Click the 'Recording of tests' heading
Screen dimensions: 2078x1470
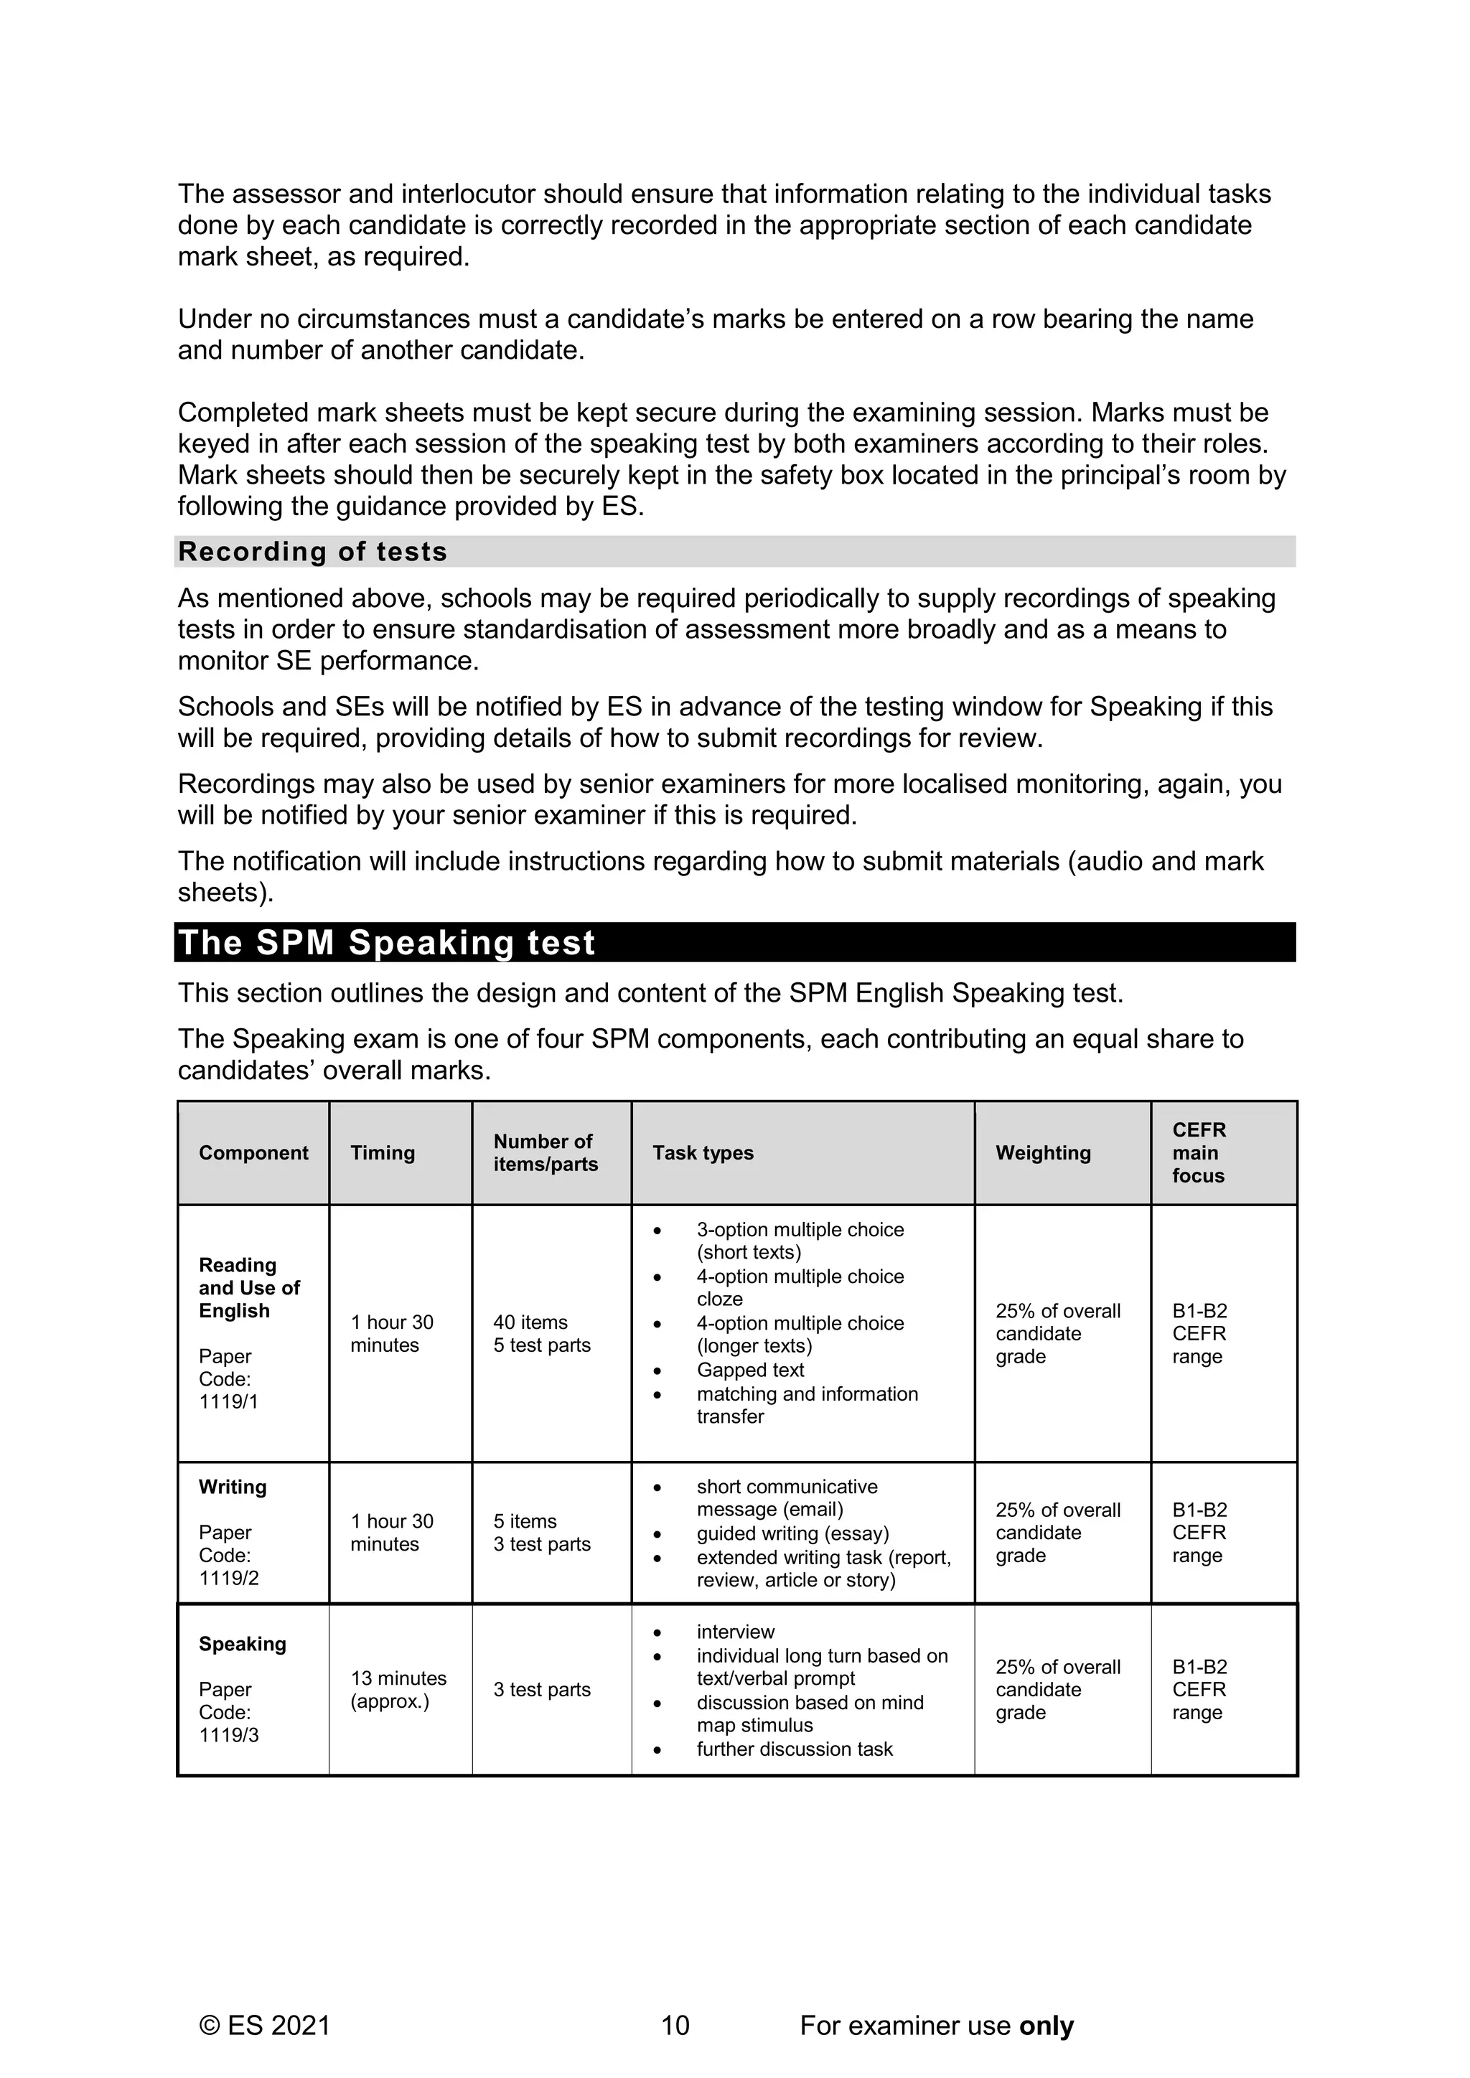pyautogui.click(x=312, y=551)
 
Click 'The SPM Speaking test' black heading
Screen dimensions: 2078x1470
pyautogui.click(x=386, y=942)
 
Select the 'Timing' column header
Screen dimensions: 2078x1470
pyautogui.click(x=382, y=1152)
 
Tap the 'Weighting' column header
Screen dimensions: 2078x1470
pyautogui.click(x=1043, y=1152)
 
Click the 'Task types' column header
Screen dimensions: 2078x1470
pyautogui.click(x=703, y=1152)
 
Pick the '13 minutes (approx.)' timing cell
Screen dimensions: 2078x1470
pyautogui.click(x=398, y=1689)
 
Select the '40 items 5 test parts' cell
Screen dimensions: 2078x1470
pyautogui.click(x=541, y=1333)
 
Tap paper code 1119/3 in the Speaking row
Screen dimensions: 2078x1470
pyautogui.click(x=228, y=1735)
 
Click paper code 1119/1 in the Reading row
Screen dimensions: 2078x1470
pyautogui.click(x=228, y=1402)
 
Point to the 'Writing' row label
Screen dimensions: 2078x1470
pyautogui.click(x=233, y=1487)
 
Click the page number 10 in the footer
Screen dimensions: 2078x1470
pyautogui.click(x=675, y=2025)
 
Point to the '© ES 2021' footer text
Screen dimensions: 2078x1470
pyautogui.click(x=264, y=2025)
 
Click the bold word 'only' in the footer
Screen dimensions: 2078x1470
pyautogui.click(x=1046, y=2025)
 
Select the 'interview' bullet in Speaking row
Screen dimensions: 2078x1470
pyautogui.click(x=735, y=1631)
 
